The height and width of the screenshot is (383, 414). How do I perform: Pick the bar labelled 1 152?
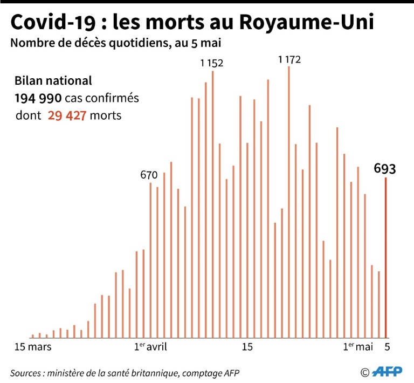(x=212, y=204)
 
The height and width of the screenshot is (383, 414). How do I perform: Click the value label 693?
(x=385, y=168)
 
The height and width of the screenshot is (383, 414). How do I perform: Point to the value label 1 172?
(x=289, y=59)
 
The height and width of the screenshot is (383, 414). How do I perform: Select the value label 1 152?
(x=211, y=63)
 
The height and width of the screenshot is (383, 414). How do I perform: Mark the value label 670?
(x=149, y=175)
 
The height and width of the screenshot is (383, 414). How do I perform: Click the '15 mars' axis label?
(x=33, y=346)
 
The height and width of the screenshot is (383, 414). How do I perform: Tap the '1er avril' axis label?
(x=150, y=346)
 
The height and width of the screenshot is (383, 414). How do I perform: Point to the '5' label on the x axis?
(x=386, y=346)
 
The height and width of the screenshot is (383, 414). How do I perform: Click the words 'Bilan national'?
(x=53, y=81)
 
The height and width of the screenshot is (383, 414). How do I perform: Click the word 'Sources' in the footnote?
(x=27, y=373)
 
